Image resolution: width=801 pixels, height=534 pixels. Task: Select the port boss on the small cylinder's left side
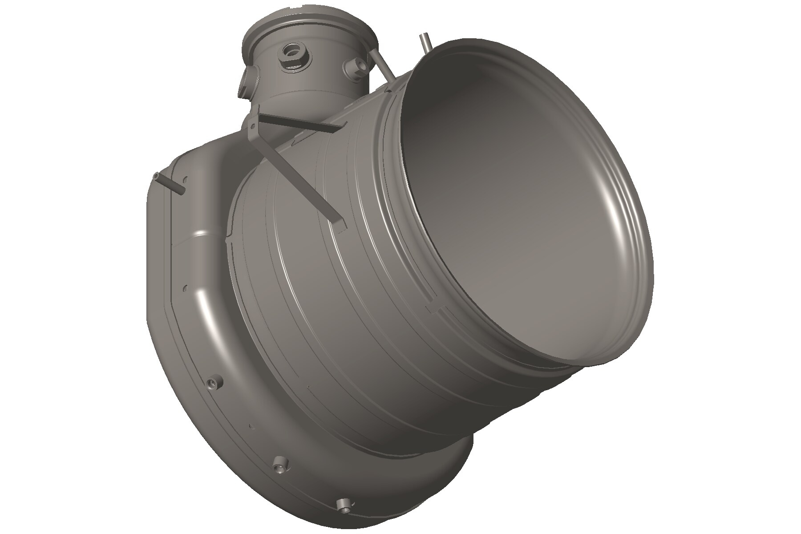click(x=247, y=82)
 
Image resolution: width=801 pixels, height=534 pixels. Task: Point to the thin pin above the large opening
click(x=425, y=42)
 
